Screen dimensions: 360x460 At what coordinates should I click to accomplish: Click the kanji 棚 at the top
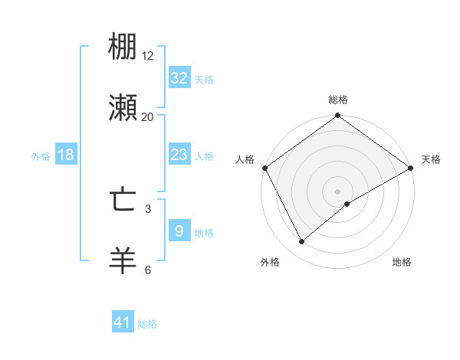(x=123, y=47)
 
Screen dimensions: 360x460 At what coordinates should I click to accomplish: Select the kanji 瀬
(x=123, y=108)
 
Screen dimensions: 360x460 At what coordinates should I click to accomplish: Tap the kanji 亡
(x=123, y=201)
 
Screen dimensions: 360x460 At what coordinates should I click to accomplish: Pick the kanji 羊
(x=123, y=260)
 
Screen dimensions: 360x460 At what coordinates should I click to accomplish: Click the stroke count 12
(x=148, y=56)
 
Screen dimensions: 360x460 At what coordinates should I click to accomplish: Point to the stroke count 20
(x=148, y=116)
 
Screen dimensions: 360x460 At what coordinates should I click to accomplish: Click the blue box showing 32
(x=179, y=78)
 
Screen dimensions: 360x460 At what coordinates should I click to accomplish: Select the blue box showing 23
(x=179, y=155)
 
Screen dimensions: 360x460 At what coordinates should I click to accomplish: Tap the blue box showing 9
(x=179, y=231)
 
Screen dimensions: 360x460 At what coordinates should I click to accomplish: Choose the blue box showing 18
(x=66, y=155)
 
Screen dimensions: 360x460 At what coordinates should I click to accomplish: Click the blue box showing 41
(x=123, y=323)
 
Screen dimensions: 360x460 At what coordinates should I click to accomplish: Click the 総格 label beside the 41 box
(x=147, y=324)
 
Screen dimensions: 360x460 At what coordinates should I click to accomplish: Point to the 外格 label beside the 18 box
(x=41, y=155)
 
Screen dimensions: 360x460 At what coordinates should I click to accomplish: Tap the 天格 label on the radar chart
(x=431, y=159)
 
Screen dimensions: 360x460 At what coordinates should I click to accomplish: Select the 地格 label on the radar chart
(x=402, y=263)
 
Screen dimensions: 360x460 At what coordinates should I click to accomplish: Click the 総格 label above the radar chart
(x=338, y=100)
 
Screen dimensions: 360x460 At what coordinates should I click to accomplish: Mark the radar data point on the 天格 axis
(x=411, y=168)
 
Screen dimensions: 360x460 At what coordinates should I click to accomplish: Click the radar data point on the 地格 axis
(x=347, y=204)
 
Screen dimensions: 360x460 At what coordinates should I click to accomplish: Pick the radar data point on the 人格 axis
(x=264, y=168)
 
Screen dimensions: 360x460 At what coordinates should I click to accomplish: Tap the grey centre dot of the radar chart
(x=337, y=191)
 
